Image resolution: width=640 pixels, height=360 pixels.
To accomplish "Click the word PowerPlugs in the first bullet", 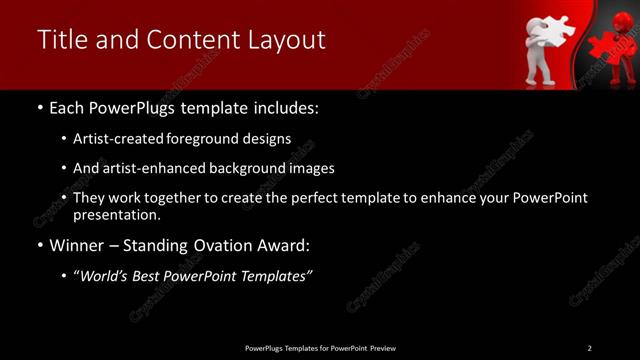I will pos(134,107).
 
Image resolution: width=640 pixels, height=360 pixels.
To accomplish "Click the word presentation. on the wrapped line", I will pos(116,214).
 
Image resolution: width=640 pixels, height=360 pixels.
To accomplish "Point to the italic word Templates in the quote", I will pos(276,277).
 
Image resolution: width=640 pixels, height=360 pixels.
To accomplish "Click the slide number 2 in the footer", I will pos(590,348).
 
